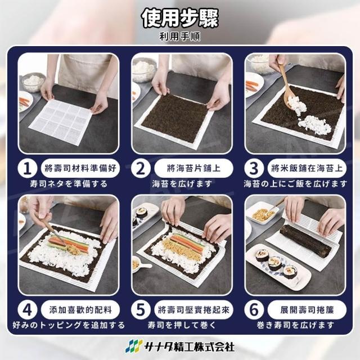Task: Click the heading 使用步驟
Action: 180,19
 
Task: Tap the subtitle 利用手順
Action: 180,37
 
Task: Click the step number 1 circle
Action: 28,169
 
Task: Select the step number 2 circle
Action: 141,169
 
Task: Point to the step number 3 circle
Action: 254,169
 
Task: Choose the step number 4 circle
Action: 28,310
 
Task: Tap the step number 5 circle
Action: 141,310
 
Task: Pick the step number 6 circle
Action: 254,310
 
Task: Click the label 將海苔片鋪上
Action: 193,168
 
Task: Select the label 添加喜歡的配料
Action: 80,310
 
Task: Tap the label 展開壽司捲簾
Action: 307,310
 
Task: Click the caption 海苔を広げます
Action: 182,184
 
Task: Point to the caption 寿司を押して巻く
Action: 182,325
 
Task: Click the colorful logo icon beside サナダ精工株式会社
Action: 134,346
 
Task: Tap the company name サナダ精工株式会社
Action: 190,346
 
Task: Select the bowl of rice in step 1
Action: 33,82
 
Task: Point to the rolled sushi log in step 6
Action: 306,241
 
